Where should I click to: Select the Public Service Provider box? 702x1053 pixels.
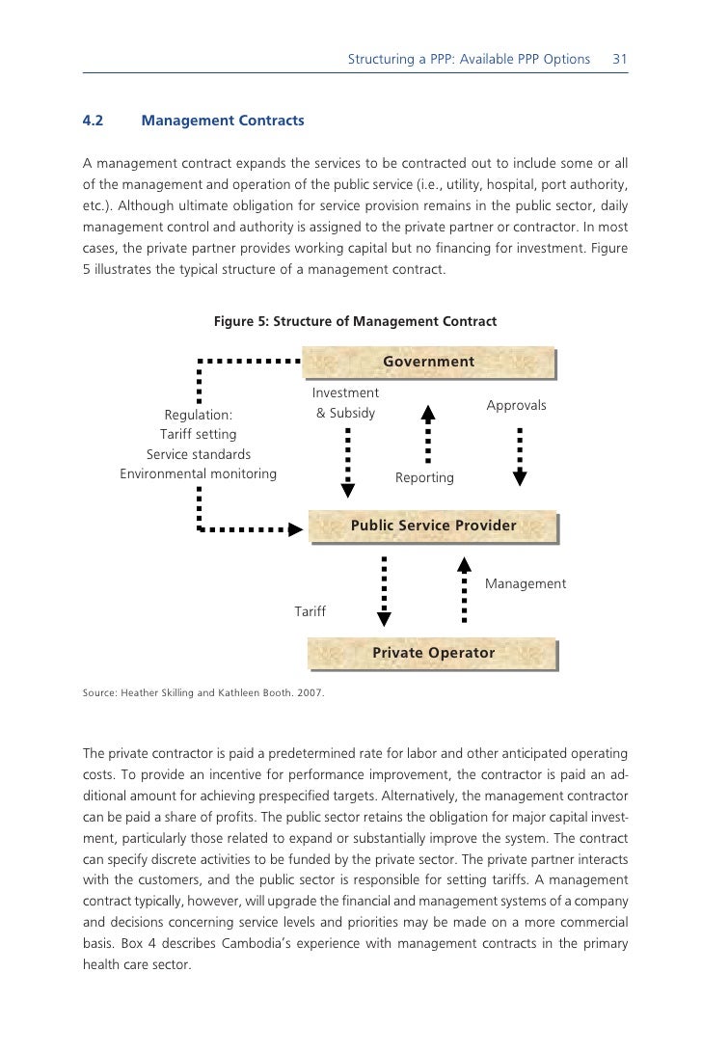click(x=433, y=526)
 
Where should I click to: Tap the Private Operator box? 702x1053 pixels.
click(x=433, y=654)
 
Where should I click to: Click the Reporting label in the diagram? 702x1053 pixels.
click(x=424, y=478)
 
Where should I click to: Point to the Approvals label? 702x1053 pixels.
click(x=516, y=406)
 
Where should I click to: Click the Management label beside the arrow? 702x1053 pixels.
click(x=525, y=584)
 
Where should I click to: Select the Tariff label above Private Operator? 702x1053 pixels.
click(x=310, y=612)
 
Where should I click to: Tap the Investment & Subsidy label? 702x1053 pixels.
click(x=345, y=404)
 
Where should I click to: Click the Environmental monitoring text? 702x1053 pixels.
click(x=198, y=474)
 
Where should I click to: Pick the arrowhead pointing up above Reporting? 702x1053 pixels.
click(x=429, y=413)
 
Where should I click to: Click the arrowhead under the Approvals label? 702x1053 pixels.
click(x=520, y=476)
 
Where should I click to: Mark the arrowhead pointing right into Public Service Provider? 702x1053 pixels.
click(x=296, y=528)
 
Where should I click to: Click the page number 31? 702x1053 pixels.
click(x=620, y=60)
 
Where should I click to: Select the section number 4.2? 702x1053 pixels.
click(x=94, y=121)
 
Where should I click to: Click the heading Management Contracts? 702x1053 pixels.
click(x=222, y=121)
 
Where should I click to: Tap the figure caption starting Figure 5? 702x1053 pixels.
click(x=355, y=321)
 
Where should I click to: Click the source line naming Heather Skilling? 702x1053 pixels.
click(x=203, y=692)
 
